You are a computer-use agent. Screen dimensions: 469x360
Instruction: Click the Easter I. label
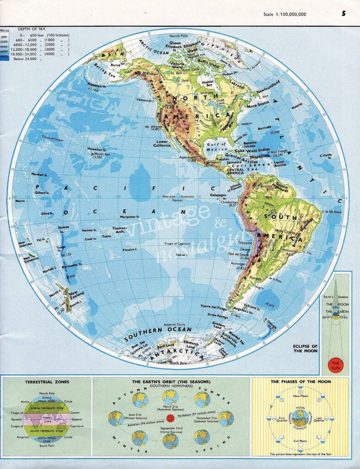(x=182, y=255)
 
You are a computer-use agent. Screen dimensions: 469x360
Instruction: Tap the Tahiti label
(x=107, y=236)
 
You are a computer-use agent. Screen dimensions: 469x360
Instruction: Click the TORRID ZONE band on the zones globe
(x=48, y=420)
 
